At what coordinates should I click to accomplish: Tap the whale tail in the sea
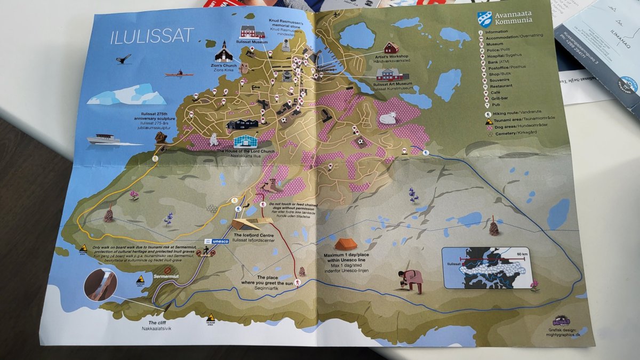coord(124,59)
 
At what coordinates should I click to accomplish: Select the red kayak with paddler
coord(179,73)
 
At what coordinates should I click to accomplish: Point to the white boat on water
coord(107,139)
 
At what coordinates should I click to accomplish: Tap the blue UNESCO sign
coord(217,241)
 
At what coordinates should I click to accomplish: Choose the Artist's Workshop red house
coord(391,48)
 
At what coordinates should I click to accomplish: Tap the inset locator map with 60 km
coord(484,267)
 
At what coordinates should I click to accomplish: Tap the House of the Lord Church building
coord(245,141)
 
